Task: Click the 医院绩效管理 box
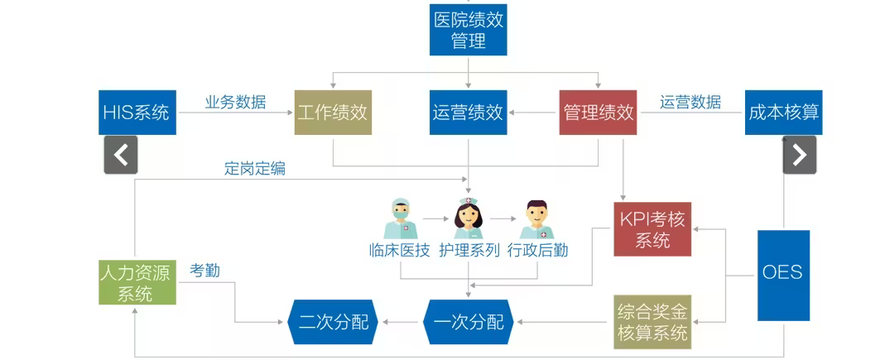click(x=468, y=30)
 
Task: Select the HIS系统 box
click(x=137, y=113)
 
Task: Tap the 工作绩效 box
click(x=333, y=113)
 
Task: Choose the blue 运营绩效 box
click(x=468, y=113)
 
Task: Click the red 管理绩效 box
click(x=598, y=113)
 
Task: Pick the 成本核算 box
click(x=783, y=113)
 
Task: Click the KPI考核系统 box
click(x=652, y=229)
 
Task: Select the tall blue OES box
click(x=783, y=276)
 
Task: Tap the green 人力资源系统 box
click(x=137, y=282)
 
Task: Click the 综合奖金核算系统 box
click(x=652, y=322)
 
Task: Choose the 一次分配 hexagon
click(x=469, y=322)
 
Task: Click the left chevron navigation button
click(x=121, y=155)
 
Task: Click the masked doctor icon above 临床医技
click(x=400, y=218)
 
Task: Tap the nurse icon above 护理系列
click(x=469, y=218)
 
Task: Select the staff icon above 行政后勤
click(x=536, y=219)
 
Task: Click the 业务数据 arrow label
click(x=235, y=102)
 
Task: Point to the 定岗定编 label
click(x=255, y=169)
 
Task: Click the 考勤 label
click(x=204, y=271)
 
